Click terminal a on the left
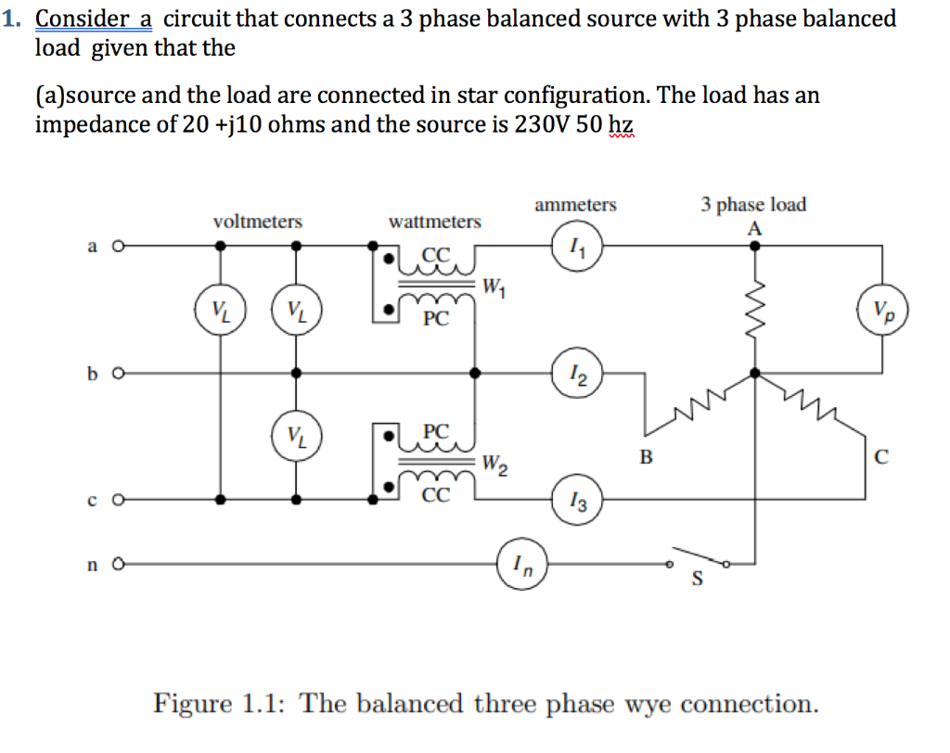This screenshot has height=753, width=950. click(x=118, y=247)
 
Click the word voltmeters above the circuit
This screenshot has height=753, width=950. click(x=258, y=222)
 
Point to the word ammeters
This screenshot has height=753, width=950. click(x=575, y=205)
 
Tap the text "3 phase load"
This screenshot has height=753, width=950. click(x=753, y=204)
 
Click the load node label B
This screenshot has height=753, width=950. click(x=647, y=455)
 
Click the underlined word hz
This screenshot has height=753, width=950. click(x=621, y=123)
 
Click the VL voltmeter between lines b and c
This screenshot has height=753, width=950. click(x=294, y=436)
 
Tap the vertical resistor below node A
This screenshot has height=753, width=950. click(x=756, y=296)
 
